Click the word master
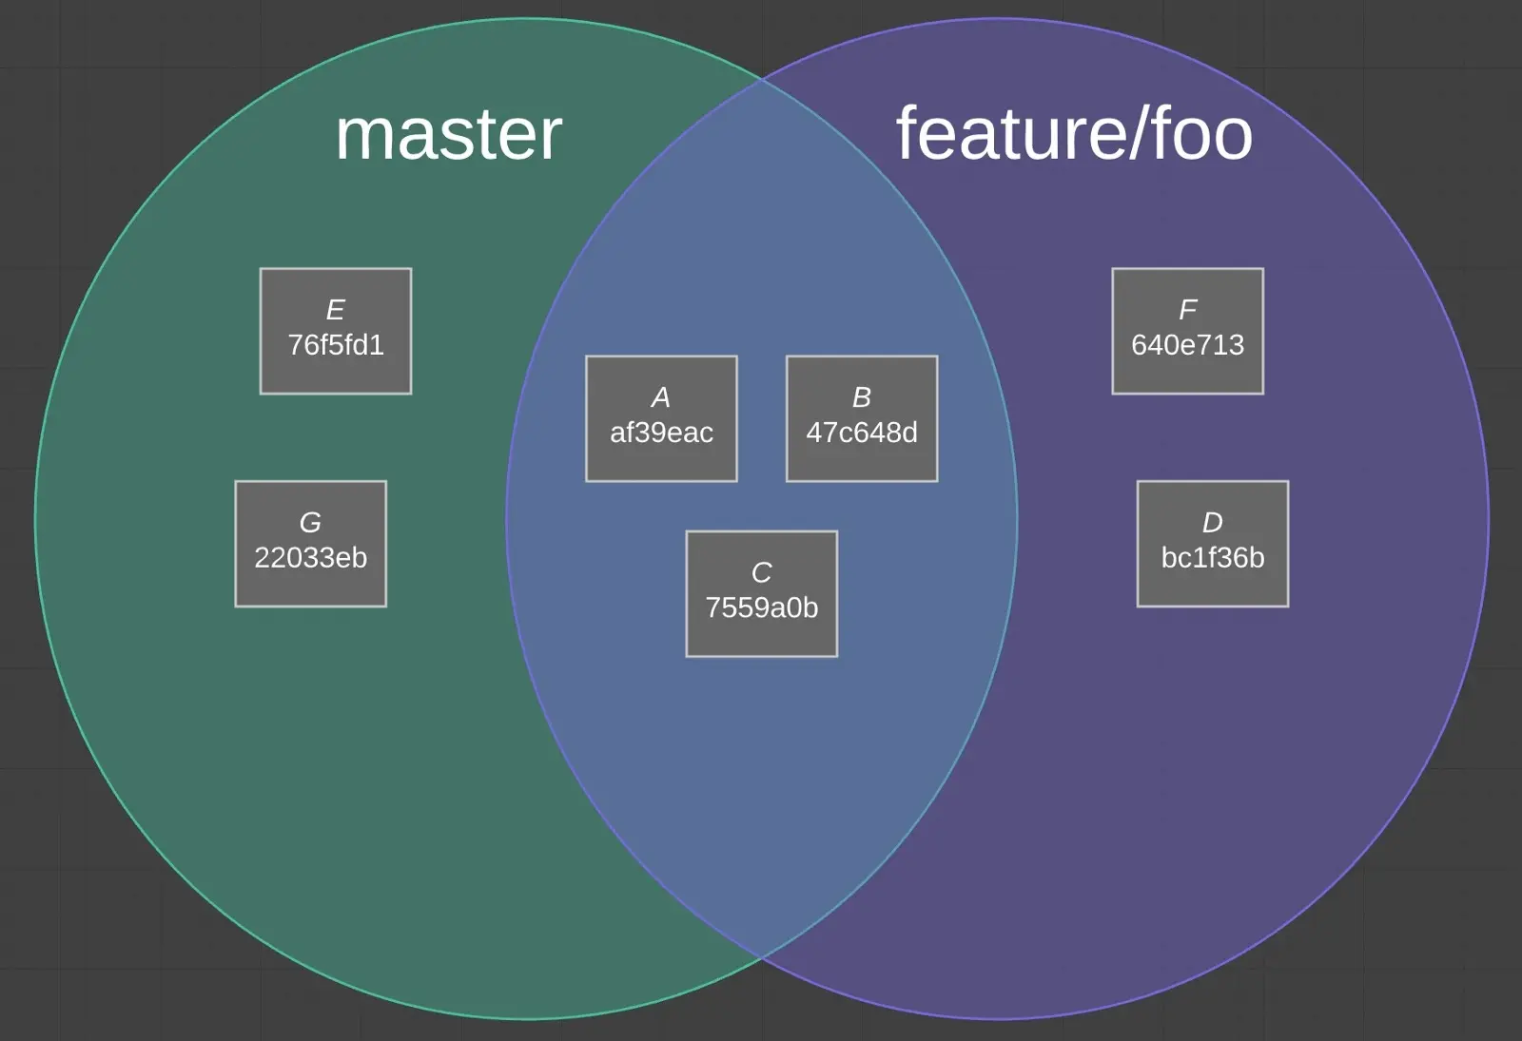pos(448,135)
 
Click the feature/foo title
pos(1074,134)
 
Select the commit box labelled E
pos(336,331)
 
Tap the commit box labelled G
pos(311,544)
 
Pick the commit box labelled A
pos(661,418)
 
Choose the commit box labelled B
pos(862,418)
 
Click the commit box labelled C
pos(762,593)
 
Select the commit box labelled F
pos(1188,331)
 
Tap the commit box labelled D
pos(1213,544)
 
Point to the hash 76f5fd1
pos(336,345)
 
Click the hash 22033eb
pos(311,558)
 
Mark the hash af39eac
pos(661,433)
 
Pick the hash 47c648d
pos(862,433)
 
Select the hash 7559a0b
pos(762,607)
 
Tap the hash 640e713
pos(1188,345)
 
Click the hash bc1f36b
pos(1213,558)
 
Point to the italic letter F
pos(1188,310)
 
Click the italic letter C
pos(762,572)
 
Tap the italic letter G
pos(311,523)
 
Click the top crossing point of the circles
pos(762,80)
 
